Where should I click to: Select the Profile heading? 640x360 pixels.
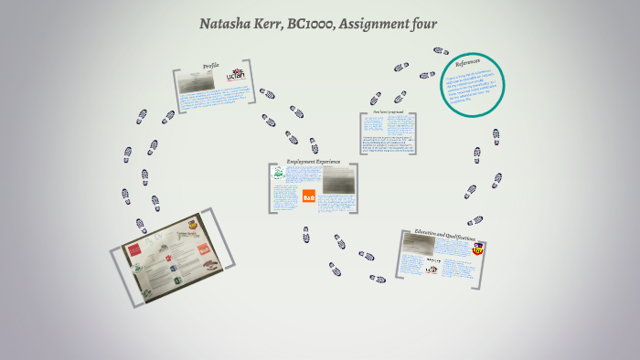point(210,67)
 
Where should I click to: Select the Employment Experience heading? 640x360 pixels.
point(315,162)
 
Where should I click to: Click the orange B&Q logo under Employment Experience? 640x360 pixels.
point(308,196)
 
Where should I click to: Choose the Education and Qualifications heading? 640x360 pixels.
point(444,236)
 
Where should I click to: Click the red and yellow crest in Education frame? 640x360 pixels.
point(477,249)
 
